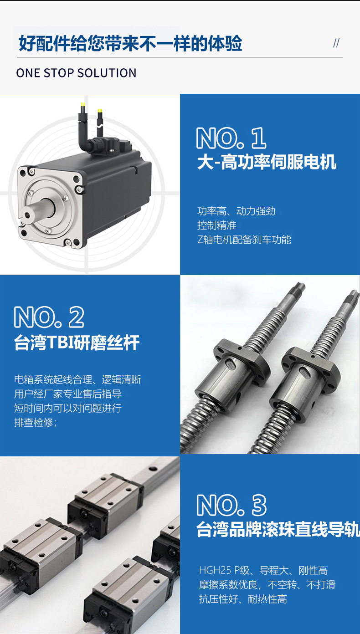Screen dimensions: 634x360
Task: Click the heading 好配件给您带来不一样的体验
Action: coord(130,44)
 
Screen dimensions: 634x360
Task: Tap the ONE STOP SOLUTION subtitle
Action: coord(76,73)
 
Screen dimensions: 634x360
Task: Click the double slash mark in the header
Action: coord(336,43)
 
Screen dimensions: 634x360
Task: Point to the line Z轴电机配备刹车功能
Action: coord(244,240)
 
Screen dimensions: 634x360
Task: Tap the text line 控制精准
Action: coord(217,225)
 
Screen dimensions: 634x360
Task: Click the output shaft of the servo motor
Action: coord(32,211)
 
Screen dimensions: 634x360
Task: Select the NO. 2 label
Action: coord(49,317)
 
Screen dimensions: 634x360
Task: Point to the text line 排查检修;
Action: coord(36,423)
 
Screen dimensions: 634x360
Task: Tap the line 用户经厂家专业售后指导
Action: coord(68,394)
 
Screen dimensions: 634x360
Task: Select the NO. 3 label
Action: coord(231,505)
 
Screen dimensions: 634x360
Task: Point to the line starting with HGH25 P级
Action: coord(263,570)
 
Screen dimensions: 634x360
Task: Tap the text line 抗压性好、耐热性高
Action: coord(243,599)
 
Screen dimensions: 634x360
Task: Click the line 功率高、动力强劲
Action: coord(236,211)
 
